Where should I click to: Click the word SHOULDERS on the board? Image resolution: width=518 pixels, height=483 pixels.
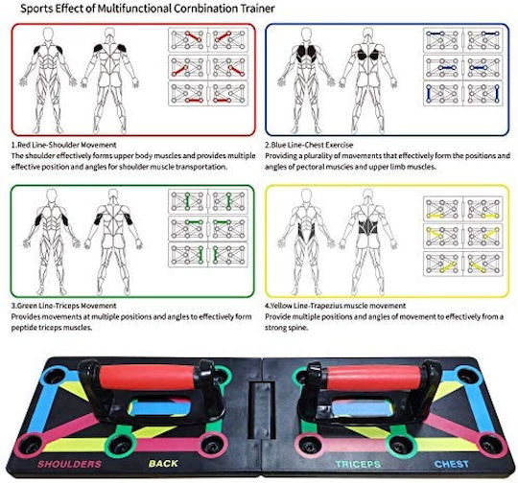tap(69, 464)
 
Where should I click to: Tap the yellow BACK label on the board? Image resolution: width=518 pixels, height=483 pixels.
tap(163, 464)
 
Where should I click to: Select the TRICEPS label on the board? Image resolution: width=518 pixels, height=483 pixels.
tap(358, 464)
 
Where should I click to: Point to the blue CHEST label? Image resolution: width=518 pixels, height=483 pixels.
tap(452, 464)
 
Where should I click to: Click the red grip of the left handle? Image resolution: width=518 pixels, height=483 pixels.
tap(147, 377)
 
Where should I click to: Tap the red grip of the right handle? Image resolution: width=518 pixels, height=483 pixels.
tap(373, 378)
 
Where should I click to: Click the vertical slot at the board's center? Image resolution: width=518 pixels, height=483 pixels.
tap(262, 410)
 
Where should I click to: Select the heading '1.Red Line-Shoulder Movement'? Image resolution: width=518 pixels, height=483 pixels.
tap(63, 145)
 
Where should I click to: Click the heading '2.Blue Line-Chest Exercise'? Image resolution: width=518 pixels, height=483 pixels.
tap(309, 145)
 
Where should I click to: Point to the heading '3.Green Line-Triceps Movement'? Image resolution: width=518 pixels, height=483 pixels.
tap(63, 306)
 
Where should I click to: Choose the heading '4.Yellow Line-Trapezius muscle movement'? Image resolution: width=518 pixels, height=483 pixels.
tap(336, 306)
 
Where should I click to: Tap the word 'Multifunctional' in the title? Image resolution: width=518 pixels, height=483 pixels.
tap(134, 9)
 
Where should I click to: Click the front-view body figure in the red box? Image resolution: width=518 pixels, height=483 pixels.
tap(48, 80)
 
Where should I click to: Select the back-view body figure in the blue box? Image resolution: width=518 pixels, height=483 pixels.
tap(367, 80)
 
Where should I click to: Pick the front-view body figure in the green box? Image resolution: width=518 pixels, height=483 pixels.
tap(51, 241)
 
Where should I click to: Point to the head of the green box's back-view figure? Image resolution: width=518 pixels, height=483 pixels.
tap(113, 195)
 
